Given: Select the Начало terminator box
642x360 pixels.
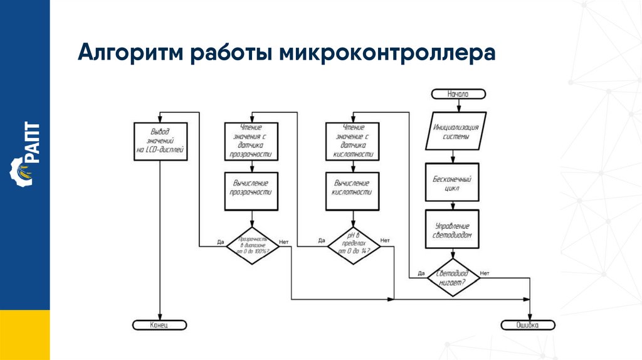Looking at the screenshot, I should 458,94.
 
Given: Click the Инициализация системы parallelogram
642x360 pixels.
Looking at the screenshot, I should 456,132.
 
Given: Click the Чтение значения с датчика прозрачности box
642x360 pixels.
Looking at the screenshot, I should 252,141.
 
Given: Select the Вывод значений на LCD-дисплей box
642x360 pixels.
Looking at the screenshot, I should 160,141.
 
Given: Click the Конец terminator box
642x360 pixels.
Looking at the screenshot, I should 160,325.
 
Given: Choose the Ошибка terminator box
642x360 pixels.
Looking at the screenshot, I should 528,325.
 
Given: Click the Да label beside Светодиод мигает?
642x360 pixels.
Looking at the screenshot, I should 421,273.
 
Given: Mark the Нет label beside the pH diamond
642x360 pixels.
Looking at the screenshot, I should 385,240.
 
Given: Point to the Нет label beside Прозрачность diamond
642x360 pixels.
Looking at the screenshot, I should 283,241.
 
